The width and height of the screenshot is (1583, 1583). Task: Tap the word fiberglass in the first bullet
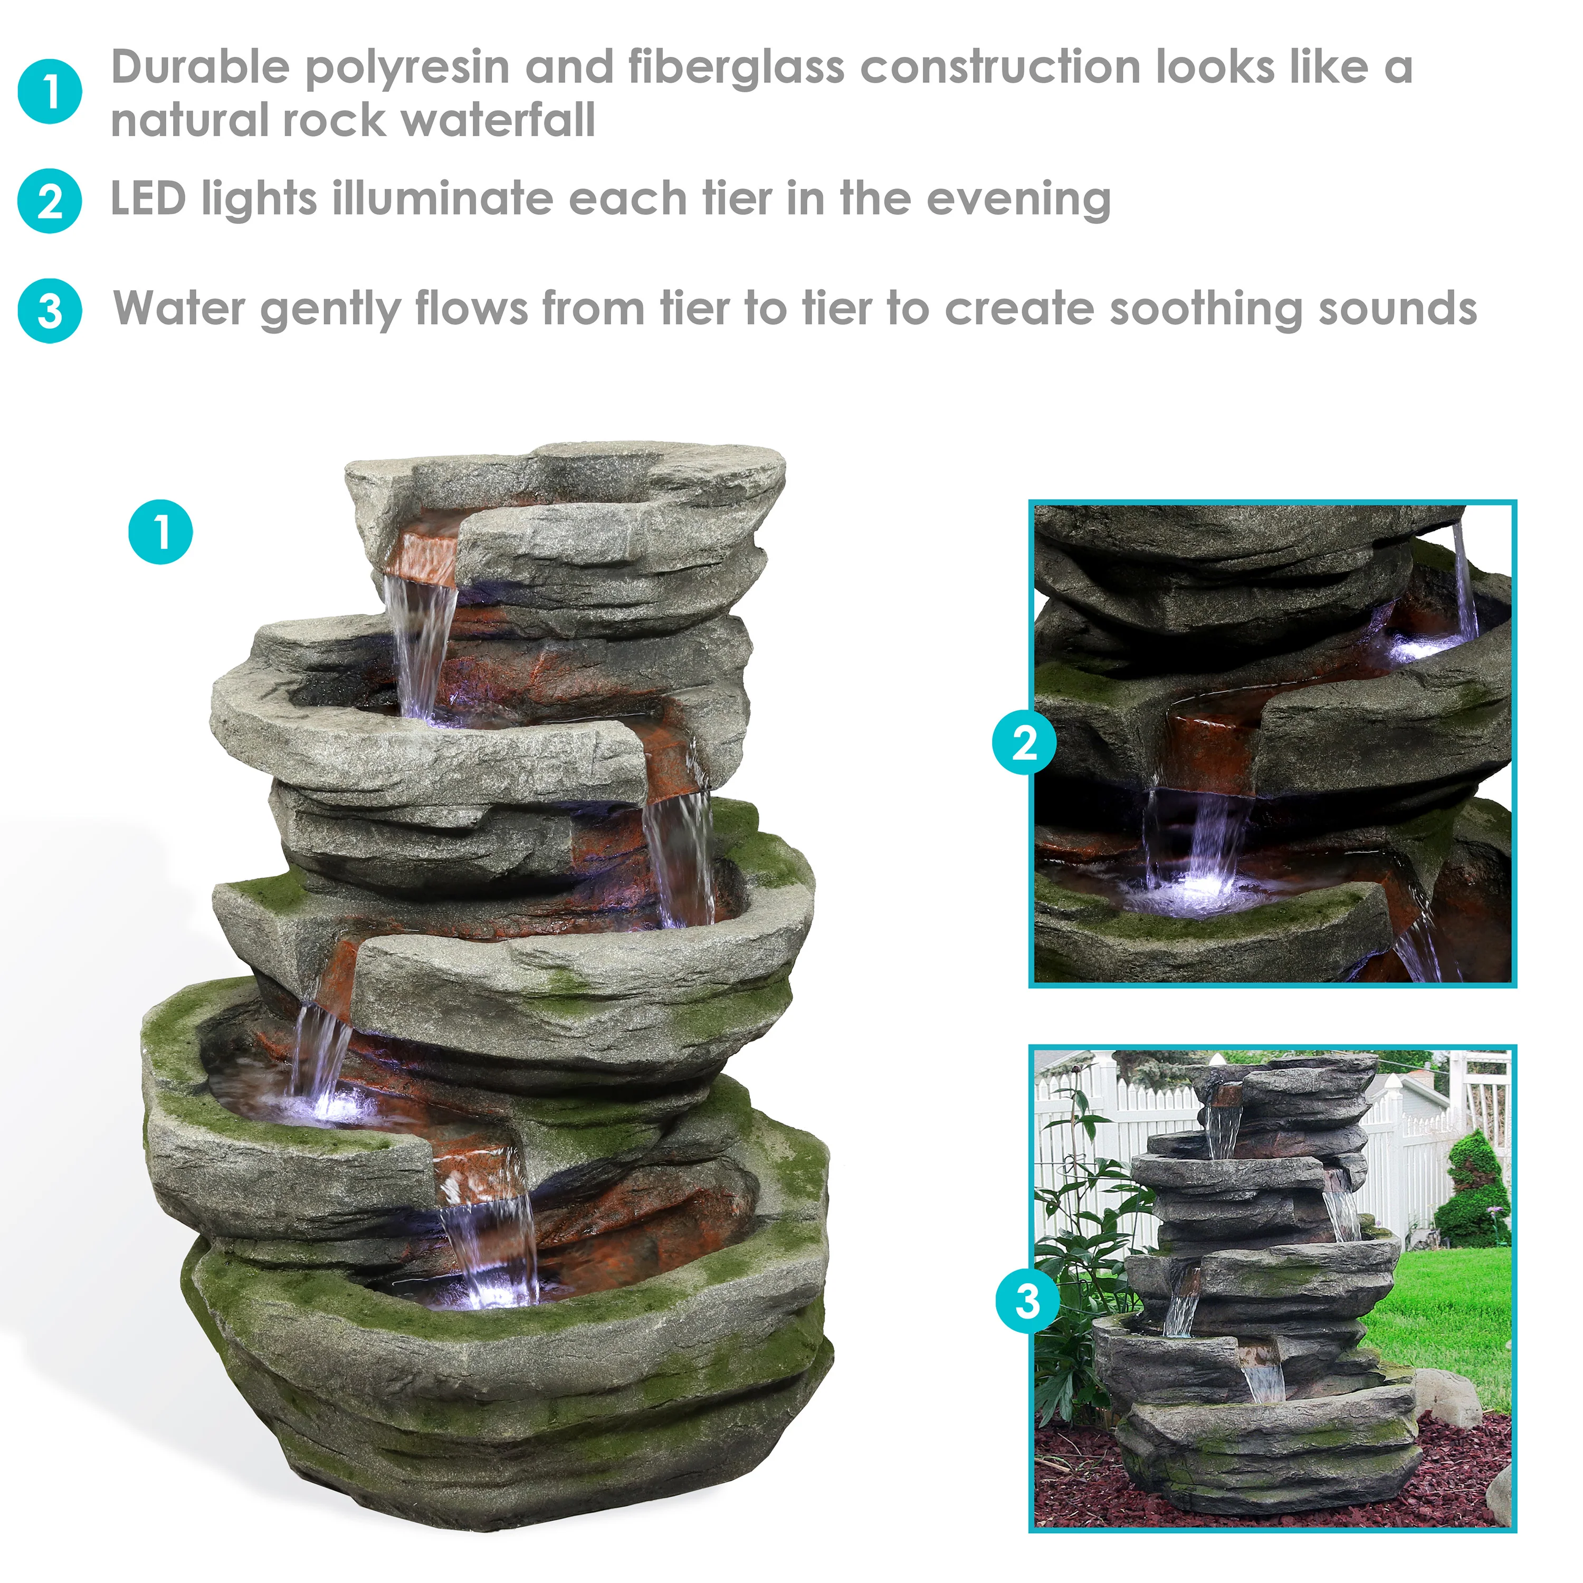point(735,67)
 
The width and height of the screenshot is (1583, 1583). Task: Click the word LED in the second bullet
point(148,199)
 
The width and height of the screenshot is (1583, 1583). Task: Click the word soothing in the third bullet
point(1205,310)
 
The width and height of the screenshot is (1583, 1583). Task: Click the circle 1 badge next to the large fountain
point(160,532)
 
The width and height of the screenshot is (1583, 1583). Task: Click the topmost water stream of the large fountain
point(423,639)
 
